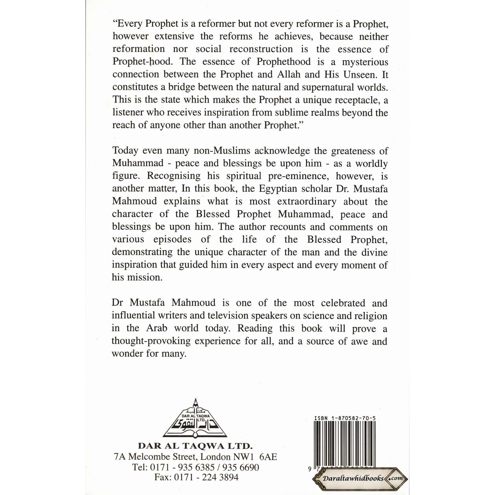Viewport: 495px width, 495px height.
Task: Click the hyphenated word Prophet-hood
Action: click(142, 62)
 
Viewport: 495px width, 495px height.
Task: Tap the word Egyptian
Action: click(278, 189)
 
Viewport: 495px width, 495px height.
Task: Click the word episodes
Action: click(172, 239)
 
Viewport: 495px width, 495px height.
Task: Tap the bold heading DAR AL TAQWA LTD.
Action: click(195, 446)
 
